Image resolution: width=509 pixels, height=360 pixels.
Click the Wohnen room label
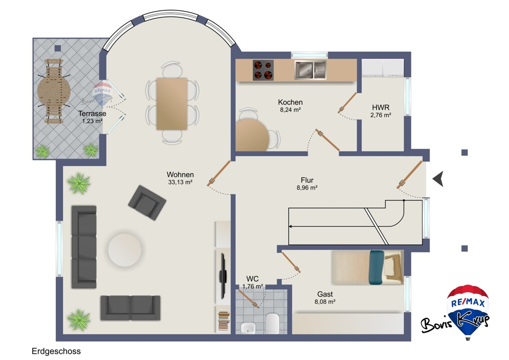(180, 175)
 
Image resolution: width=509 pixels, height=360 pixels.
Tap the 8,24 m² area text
(290, 110)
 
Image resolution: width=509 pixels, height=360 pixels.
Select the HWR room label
(380, 107)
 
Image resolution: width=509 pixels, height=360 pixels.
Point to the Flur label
(307, 180)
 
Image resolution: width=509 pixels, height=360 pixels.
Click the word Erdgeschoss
(56, 351)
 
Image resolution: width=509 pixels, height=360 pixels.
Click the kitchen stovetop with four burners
(263, 70)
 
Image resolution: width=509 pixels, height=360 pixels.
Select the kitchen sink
(310, 70)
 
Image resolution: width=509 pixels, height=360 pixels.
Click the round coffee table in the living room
(125, 250)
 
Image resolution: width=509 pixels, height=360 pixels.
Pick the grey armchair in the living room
(147, 203)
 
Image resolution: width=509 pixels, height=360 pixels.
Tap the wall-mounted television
(223, 276)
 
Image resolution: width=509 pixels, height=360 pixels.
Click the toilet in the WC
(272, 323)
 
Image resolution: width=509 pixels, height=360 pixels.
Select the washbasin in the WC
(248, 328)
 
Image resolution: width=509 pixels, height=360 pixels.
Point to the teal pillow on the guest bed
(376, 267)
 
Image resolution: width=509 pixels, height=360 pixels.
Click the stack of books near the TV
(223, 321)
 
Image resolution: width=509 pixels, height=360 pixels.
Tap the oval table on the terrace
(54, 91)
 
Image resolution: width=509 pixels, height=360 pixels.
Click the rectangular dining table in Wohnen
(172, 103)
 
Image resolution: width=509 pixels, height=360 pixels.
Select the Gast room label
(325, 294)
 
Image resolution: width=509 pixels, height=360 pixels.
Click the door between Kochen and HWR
(347, 103)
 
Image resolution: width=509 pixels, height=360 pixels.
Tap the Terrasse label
(92, 113)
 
